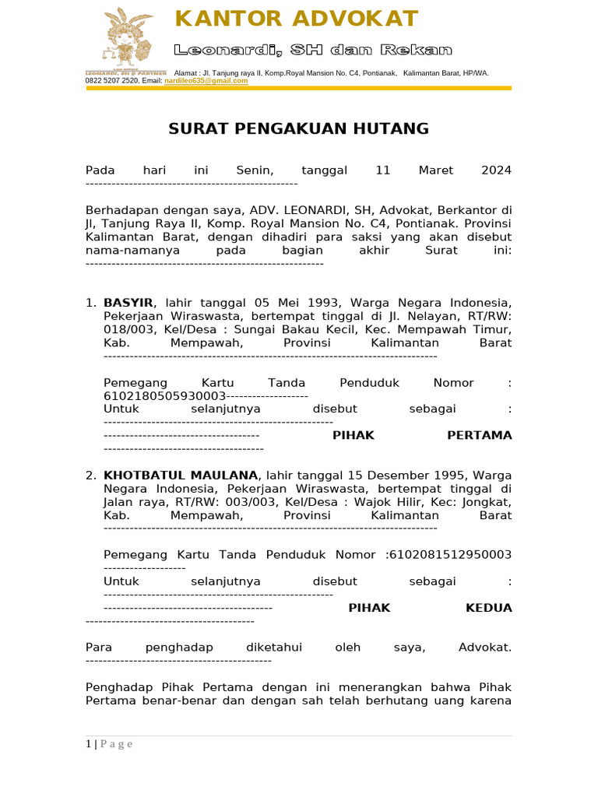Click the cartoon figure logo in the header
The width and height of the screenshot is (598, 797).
[x=126, y=38]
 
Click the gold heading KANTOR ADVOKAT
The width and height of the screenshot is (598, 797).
[x=297, y=19]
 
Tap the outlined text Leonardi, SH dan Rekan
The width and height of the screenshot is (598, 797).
[x=312, y=51]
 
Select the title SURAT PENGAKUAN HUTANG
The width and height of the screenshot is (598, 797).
[x=298, y=129]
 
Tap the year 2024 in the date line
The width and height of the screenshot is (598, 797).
[x=496, y=170]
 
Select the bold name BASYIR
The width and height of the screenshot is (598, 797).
[x=128, y=302]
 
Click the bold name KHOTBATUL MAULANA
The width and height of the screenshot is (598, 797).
[x=181, y=475]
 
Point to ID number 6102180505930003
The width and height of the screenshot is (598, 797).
[x=153, y=395]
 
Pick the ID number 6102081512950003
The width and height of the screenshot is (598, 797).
[x=449, y=554]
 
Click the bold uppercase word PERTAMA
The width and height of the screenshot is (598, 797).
[x=480, y=435]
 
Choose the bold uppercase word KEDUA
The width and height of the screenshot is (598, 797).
[x=488, y=608]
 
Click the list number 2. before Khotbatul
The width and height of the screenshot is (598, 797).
[x=91, y=475]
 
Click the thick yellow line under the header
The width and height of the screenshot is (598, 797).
[x=298, y=88]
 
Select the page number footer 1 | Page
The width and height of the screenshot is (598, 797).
[x=109, y=744]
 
